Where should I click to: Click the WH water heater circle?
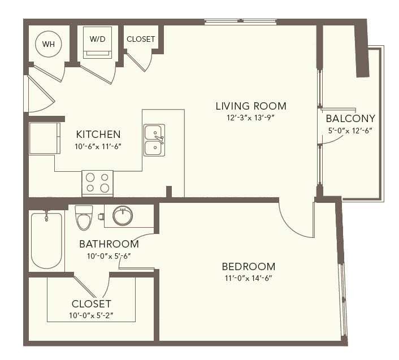(x=49, y=44)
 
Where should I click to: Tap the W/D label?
(x=97, y=39)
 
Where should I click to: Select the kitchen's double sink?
(x=154, y=140)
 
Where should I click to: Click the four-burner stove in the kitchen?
(x=97, y=183)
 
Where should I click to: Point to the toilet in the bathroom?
(x=84, y=218)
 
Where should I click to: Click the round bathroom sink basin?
(x=123, y=216)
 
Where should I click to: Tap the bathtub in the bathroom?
(x=46, y=241)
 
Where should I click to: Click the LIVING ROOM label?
(x=251, y=106)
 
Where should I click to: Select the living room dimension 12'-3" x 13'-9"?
(x=251, y=118)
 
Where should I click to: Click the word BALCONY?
(x=350, y=119)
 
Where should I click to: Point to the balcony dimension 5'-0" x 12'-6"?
(x=350, y=131)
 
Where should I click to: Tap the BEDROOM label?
(x=249, y=267)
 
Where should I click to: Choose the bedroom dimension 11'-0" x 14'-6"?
(x=249, y=278)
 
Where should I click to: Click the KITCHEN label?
(x=98, y=135)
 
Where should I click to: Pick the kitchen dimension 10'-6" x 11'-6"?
(x=98, y=146)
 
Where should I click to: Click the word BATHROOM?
(x=109, y=244)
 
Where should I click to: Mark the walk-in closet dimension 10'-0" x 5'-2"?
(x=91, y=316)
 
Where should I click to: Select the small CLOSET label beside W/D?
(x=141, y=39)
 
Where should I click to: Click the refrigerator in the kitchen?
(x=45, y=138)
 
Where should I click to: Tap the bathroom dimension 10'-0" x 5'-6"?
(x=109, y=256)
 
